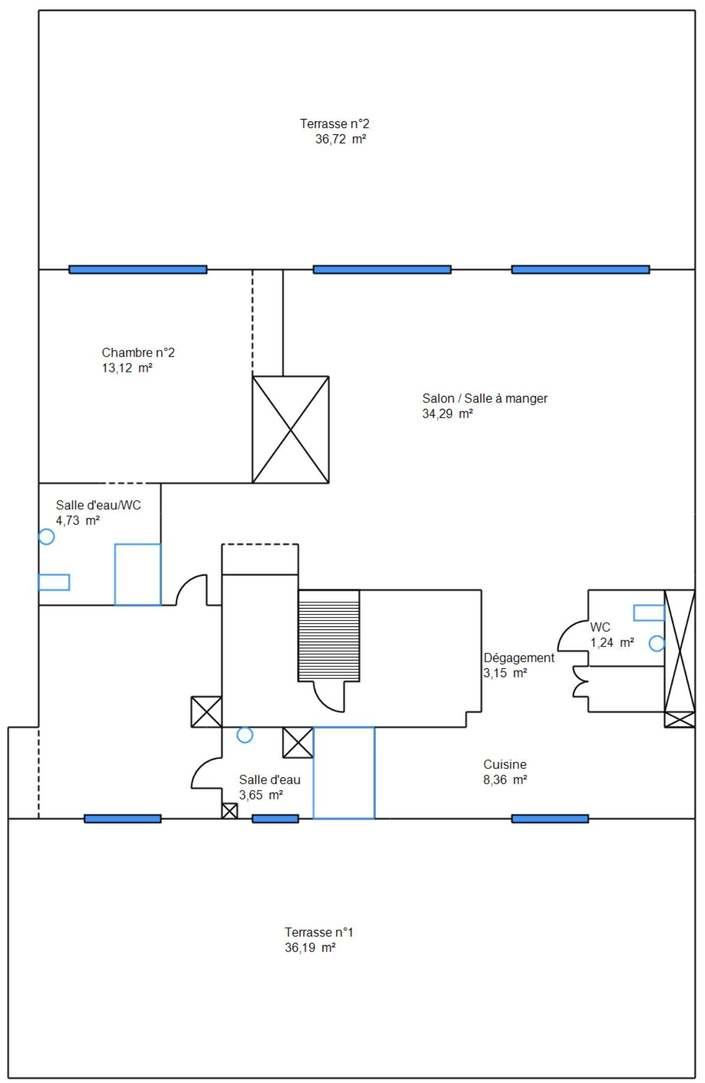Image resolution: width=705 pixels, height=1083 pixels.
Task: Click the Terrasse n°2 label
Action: click(x=334, y=124)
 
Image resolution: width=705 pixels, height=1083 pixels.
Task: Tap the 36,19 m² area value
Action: click(x=310, y=947)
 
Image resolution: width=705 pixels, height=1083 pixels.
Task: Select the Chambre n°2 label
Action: click(x=139, y=352)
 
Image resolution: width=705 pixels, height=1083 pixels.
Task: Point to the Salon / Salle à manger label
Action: click(x=485, y=398)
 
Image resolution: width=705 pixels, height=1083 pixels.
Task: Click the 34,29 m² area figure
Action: click(x=447, y=414)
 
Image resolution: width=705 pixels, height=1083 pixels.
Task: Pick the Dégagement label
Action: click(x=519, y=658)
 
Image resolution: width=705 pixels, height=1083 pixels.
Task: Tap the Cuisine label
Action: click(x=505, y=764)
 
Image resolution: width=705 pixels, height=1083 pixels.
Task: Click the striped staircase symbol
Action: click(x=329, y=636)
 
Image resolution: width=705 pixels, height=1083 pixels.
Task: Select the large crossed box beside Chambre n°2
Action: click(x=291, y=430)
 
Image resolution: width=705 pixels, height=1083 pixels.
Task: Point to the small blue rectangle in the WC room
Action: click(x=649, y=613)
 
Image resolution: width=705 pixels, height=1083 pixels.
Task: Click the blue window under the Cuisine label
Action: click(x=550, y=818)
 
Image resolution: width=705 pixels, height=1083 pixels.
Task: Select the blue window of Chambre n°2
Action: click(x=138, y=269)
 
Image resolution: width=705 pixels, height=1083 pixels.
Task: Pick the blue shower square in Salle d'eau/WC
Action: click(x=138, y=574)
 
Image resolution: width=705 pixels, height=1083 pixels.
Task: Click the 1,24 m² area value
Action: click(x=612, y=642)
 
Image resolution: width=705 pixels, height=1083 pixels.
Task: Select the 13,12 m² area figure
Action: click(x=127, y=368)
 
